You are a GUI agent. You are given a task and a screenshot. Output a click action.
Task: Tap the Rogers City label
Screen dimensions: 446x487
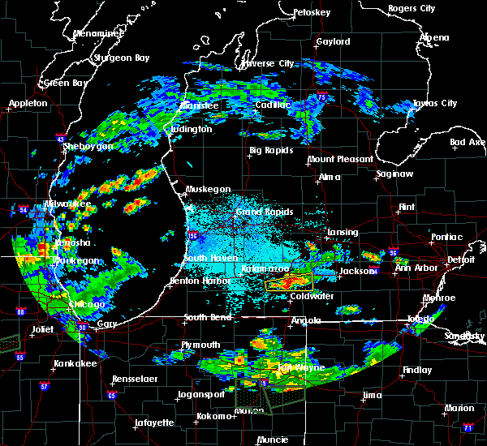412,8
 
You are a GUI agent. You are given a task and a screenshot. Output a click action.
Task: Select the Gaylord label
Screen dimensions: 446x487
333,41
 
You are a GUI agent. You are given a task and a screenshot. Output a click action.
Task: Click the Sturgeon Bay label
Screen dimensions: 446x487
119,58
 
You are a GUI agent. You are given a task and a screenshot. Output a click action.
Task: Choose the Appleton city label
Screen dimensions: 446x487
28,104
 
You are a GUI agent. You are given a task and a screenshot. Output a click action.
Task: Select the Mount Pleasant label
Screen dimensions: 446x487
340,159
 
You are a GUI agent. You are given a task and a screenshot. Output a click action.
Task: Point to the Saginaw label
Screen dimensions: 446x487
396,174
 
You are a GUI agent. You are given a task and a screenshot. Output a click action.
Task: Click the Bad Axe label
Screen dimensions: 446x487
467,142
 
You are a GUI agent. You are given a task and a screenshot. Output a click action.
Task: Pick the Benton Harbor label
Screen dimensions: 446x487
195,281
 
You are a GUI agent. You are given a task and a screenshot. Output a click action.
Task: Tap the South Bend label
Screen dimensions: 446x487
209,317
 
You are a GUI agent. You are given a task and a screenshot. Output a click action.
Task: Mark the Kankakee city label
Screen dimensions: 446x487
75,363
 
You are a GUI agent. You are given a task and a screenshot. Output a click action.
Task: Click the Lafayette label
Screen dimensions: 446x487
153,422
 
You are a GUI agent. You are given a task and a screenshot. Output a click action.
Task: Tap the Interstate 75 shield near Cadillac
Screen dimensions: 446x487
323,97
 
